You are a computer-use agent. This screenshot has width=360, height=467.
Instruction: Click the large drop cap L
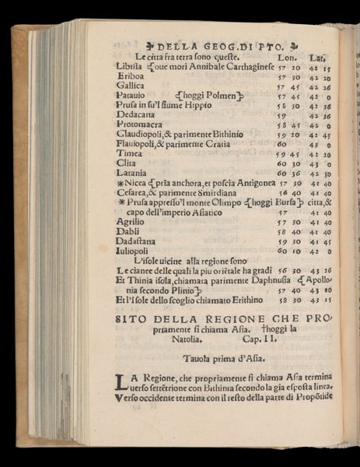[120, 382]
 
